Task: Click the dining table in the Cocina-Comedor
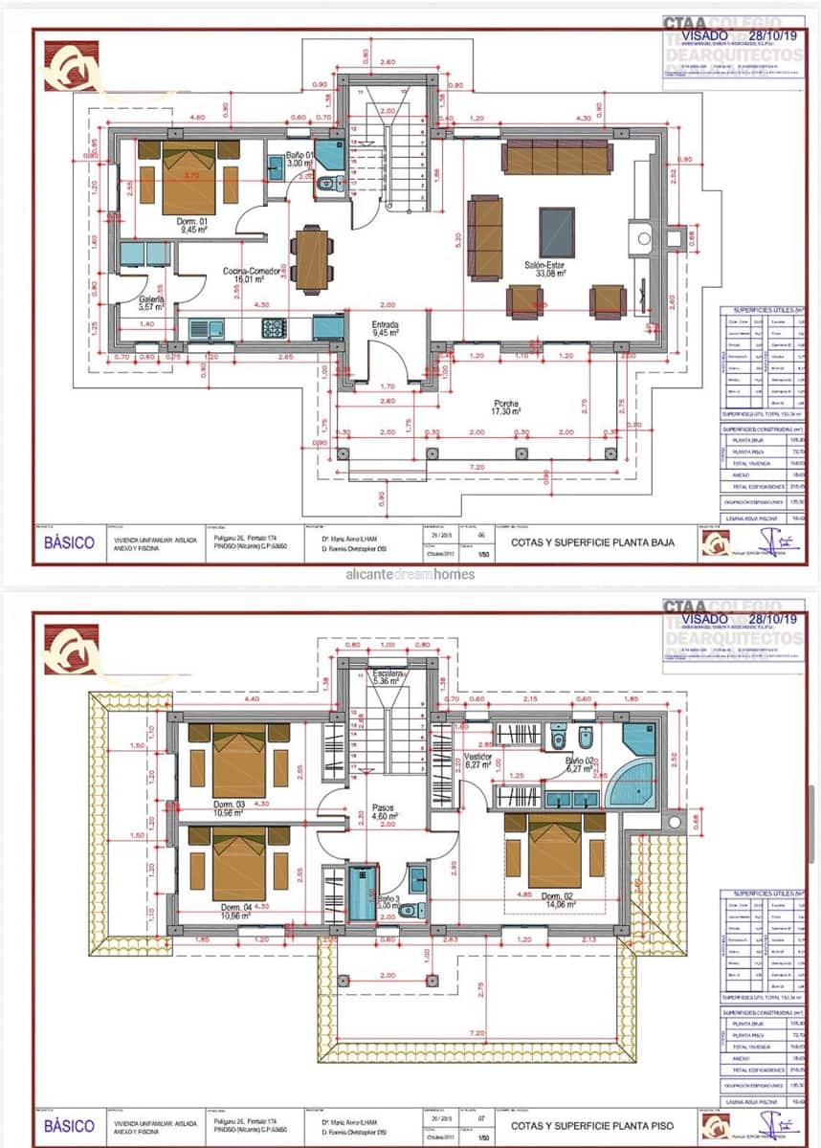click(312, 258)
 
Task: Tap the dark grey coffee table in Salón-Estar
click(557, 232)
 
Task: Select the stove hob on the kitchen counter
click(275, 328)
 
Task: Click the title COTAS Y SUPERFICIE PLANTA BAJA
click(592, 542)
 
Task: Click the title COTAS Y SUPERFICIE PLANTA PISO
click(592, 1126)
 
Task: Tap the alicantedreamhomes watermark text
click(403, 575)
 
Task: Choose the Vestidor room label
click(477, 761)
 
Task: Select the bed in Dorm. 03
click(239, 761)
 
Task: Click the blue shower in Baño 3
click(363, 892)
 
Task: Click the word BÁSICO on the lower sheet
click(70, 1126)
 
